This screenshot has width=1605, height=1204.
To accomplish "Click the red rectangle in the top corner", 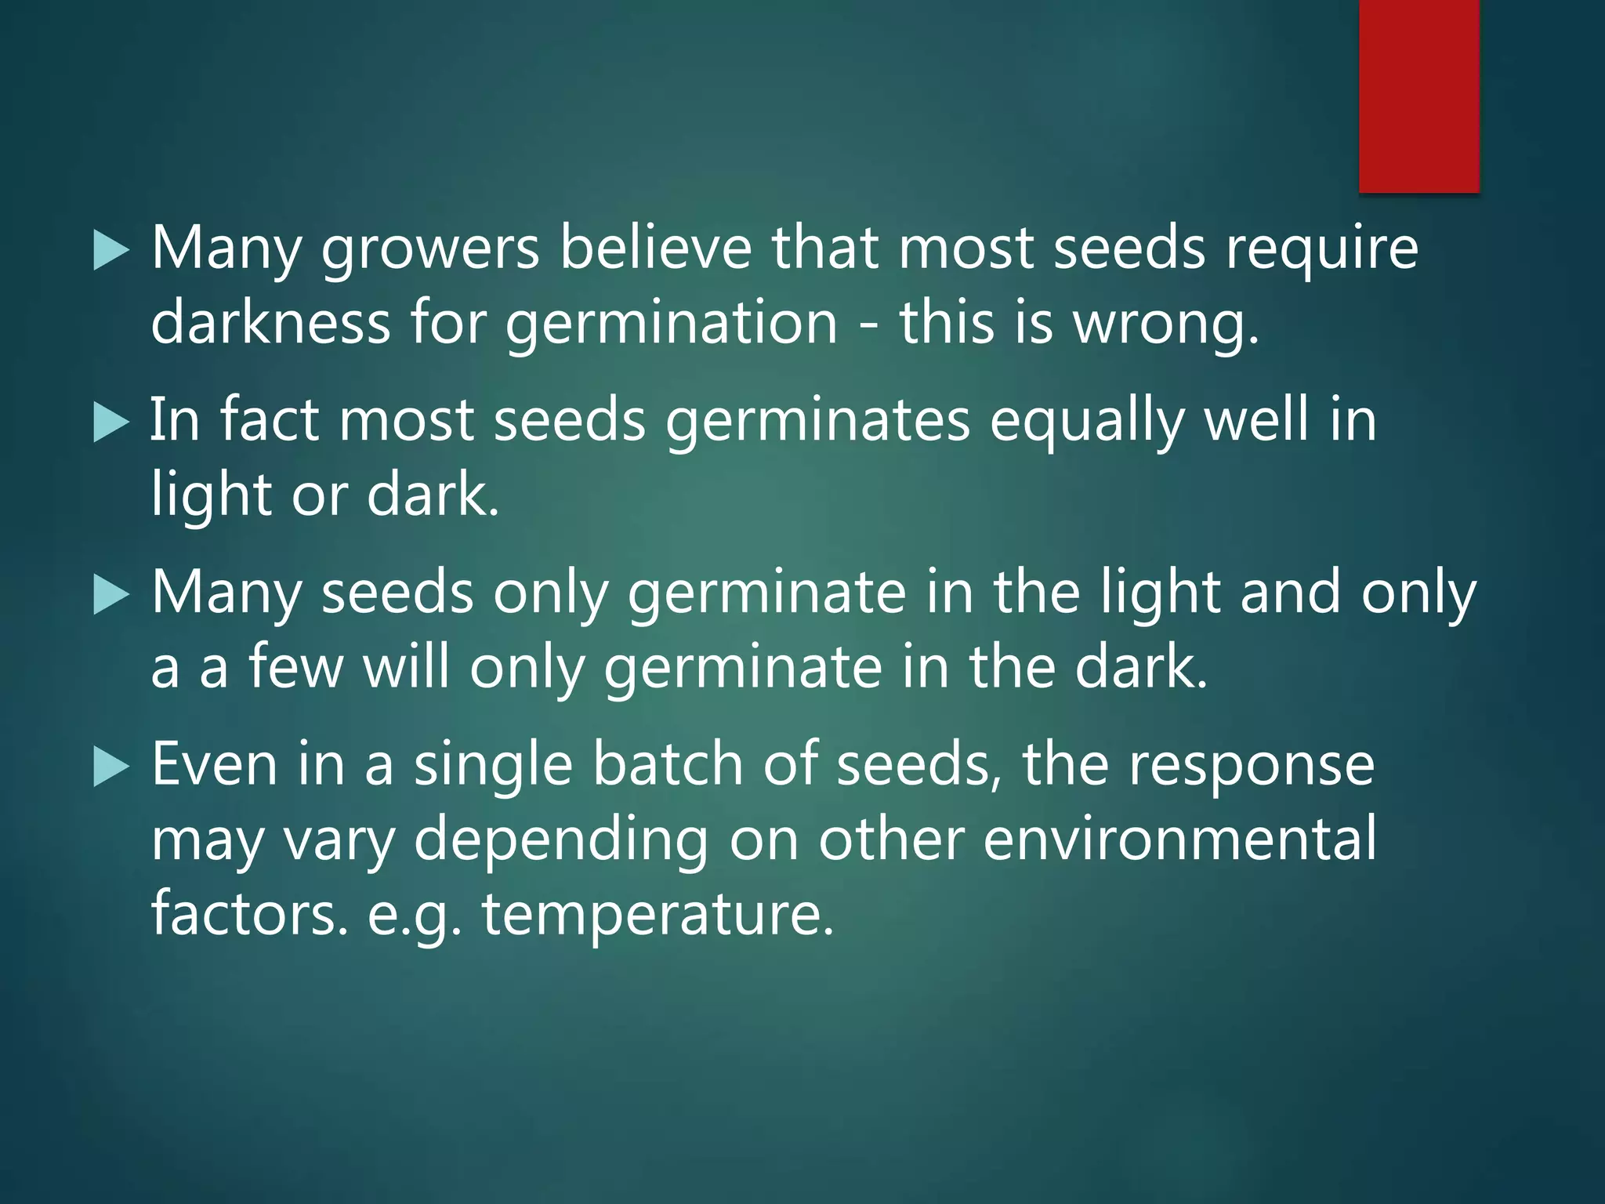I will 1418,96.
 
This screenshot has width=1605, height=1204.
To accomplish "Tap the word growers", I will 430,249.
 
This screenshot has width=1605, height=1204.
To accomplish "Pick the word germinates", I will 817,422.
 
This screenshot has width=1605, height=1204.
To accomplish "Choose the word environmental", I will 1179,840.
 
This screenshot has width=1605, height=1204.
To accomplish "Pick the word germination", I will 672,324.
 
